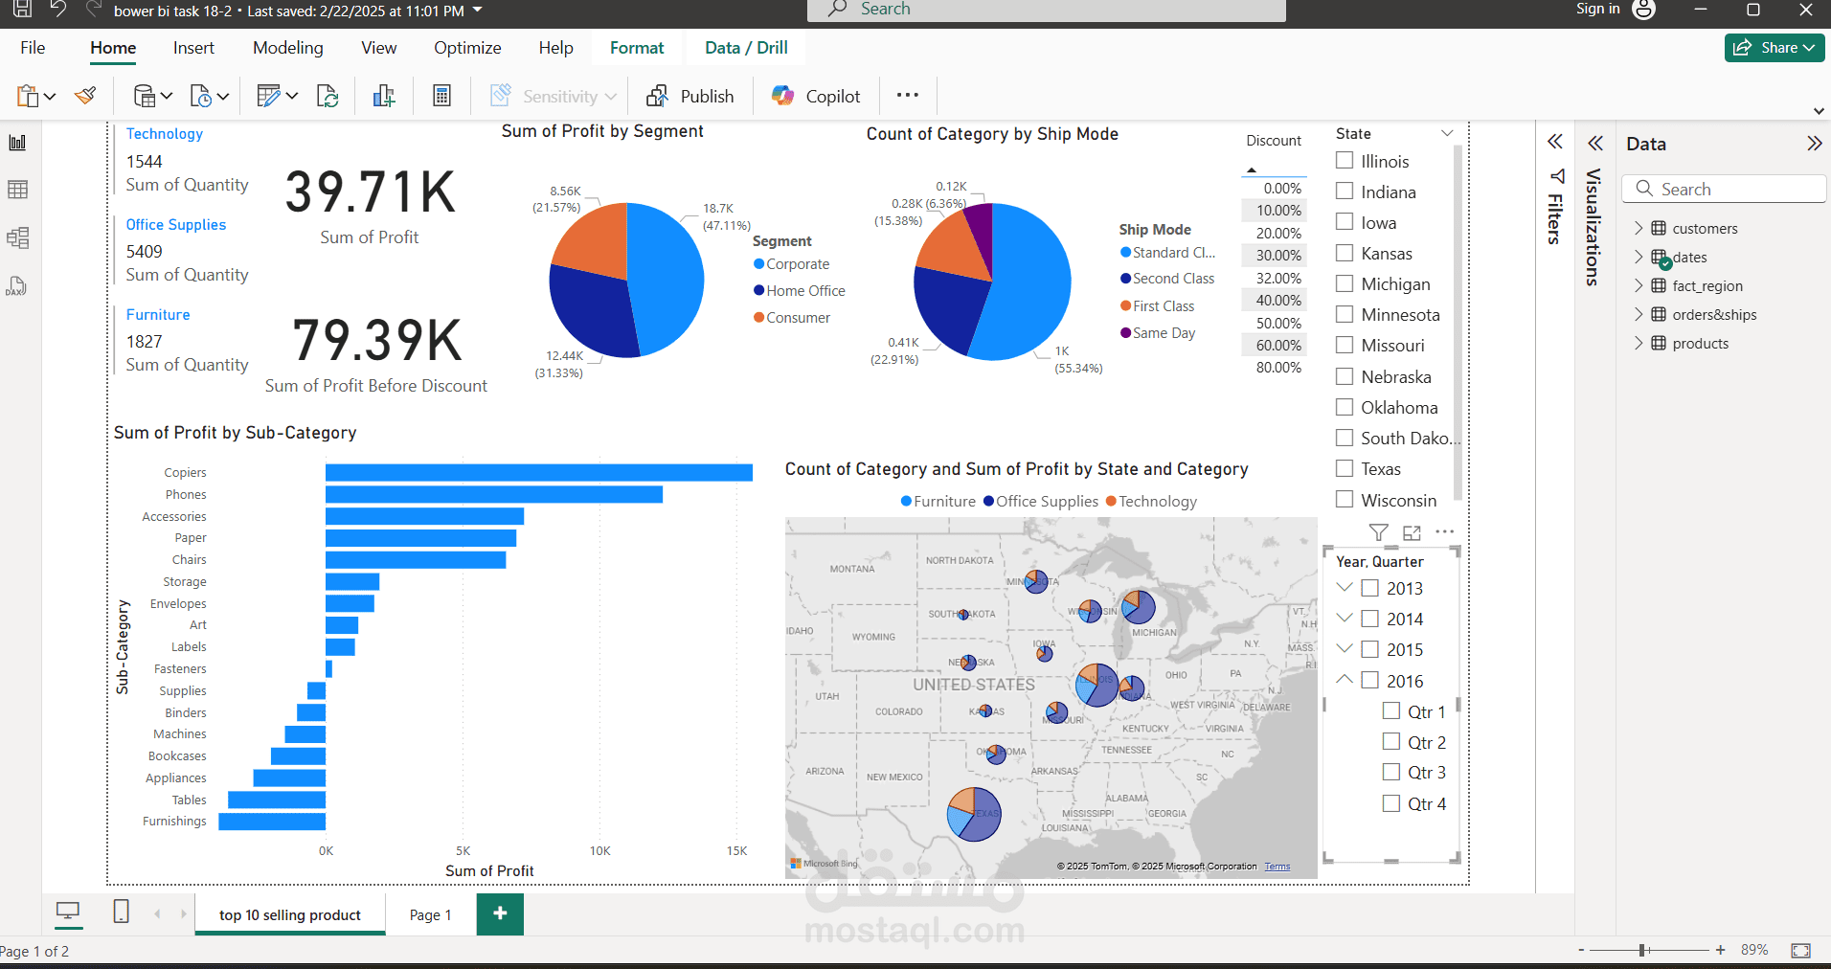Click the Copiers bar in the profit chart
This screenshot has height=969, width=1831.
(538, 472)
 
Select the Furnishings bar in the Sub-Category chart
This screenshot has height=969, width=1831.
(272, 822)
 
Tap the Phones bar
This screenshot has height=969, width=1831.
(493, 494)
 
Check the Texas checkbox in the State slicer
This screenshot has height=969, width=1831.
(1345, 468)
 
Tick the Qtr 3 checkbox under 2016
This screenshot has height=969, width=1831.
(1391, 772)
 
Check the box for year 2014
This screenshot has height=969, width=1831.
(1370, 619)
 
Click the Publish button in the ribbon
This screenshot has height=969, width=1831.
(690, 96)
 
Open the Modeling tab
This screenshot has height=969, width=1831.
(287, 48)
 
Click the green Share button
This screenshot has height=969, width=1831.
(1774, 48)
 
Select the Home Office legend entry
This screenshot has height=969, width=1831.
(804, 291)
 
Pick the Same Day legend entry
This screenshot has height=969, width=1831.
(1163, 333)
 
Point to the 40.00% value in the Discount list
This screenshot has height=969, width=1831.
(1278, 301)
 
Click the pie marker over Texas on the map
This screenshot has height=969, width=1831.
(974, 814)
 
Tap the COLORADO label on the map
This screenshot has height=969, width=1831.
(898, 711)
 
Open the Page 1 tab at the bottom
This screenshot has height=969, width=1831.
(430, 914)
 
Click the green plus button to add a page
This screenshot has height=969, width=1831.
(500, 913)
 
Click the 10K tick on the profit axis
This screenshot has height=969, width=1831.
(599, 850)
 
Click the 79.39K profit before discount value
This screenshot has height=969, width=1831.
(377, 341)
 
